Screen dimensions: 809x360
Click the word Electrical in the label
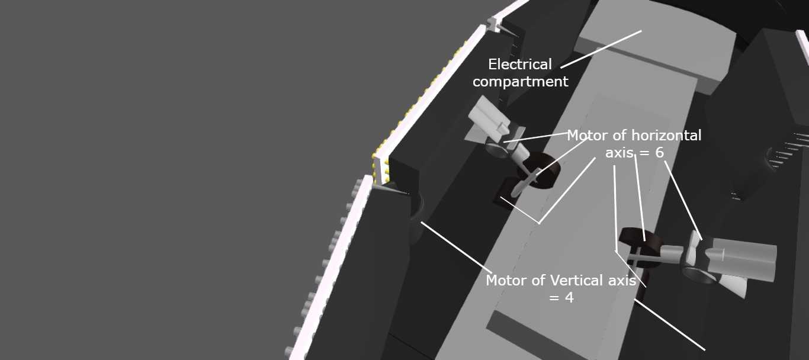click(520, 65)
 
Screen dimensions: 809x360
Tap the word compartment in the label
click(521, 82)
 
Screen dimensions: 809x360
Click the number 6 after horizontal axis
click(660, 153)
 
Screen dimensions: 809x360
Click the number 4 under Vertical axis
click(569, 298)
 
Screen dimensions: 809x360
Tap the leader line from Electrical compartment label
click(601, 49)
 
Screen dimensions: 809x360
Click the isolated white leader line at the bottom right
click(669, 324)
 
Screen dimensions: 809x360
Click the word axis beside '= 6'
click(619, 153)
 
